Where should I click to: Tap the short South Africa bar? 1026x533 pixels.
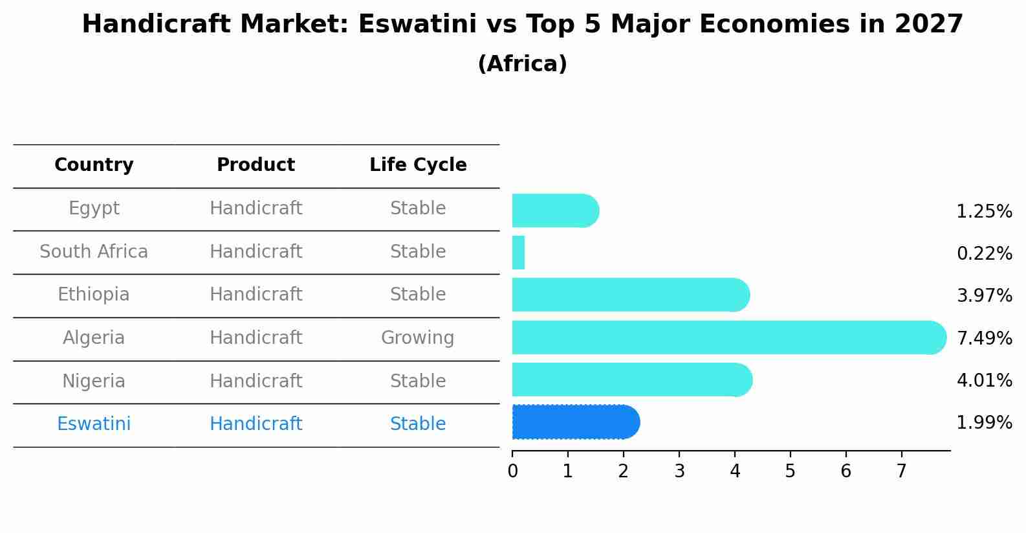tap(518, 253)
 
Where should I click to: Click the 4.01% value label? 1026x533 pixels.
tap(984, 380)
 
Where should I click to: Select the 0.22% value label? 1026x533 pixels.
tap(984, 253)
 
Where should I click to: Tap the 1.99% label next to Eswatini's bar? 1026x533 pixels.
tap(984, 423)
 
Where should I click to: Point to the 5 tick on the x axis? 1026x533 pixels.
tap(790, 471)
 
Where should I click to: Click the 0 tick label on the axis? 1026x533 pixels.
tap(512, 471)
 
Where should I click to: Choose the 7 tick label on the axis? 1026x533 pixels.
tap(901, 471)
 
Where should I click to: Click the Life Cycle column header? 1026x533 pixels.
tap(418, 165)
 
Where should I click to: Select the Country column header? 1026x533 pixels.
tap(94, 165)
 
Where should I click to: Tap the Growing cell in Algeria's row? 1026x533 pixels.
tap(417, 338)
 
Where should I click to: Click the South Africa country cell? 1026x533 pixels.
tap(94, 251)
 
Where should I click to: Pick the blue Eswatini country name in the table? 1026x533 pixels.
tap(94, 424)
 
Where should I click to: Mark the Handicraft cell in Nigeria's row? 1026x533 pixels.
tap(256, 381)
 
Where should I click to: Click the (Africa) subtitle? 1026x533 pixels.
tap(522, 64)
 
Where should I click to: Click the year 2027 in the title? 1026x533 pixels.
tap(929, 25)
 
